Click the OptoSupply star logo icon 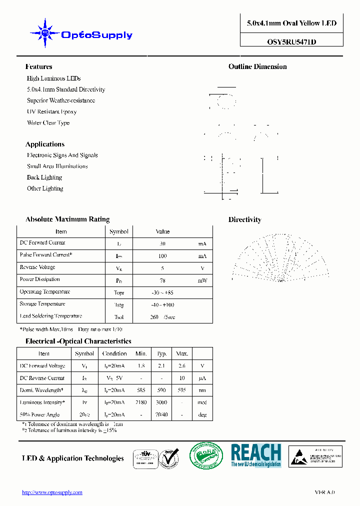tap(45, 33)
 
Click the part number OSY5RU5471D tap(291, 42)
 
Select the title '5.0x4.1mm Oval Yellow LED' tap(291, 23)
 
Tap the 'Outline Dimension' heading tap(257, 67)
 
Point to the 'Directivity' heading tap(244, 220)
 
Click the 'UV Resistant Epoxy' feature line tap(51, 112)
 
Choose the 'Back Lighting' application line tap(44, 177)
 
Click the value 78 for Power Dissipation tap(162, 280)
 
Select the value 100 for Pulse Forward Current tap(162, 256)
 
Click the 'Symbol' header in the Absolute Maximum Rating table tap(118, 231)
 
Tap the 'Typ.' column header tap(161, 353)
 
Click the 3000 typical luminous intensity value tap(161, 402)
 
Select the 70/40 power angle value tap(161, 414)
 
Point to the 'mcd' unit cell tap(201, 402)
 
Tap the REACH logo tap(256, 455)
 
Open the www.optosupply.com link tap(52, 492)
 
